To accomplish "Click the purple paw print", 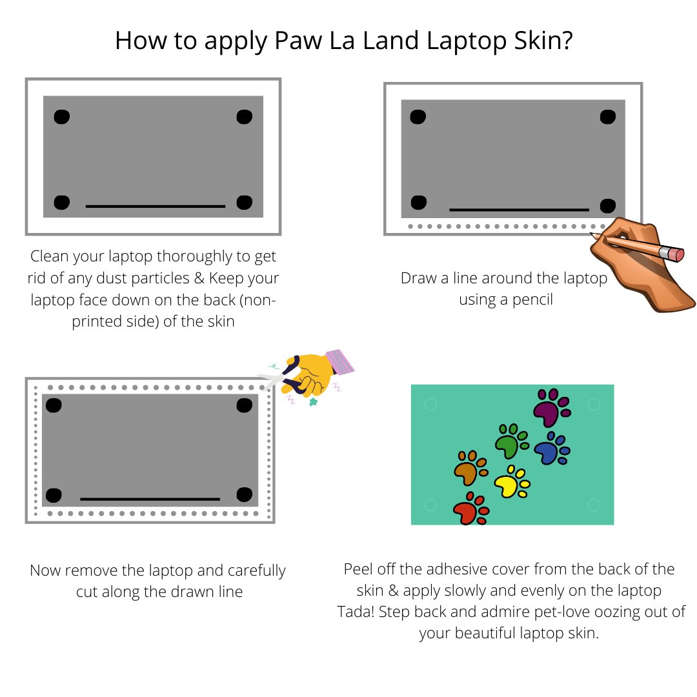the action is [551, 408].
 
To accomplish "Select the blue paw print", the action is [552, 449].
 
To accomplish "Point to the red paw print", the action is [470, 509].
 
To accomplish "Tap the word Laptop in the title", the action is [467, 41].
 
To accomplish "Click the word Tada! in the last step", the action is [356, 612].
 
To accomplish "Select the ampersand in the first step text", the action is [199, 278].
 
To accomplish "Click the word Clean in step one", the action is [49, 256].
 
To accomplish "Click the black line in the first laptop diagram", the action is [156, 207].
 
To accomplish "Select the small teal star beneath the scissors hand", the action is [314, 402].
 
